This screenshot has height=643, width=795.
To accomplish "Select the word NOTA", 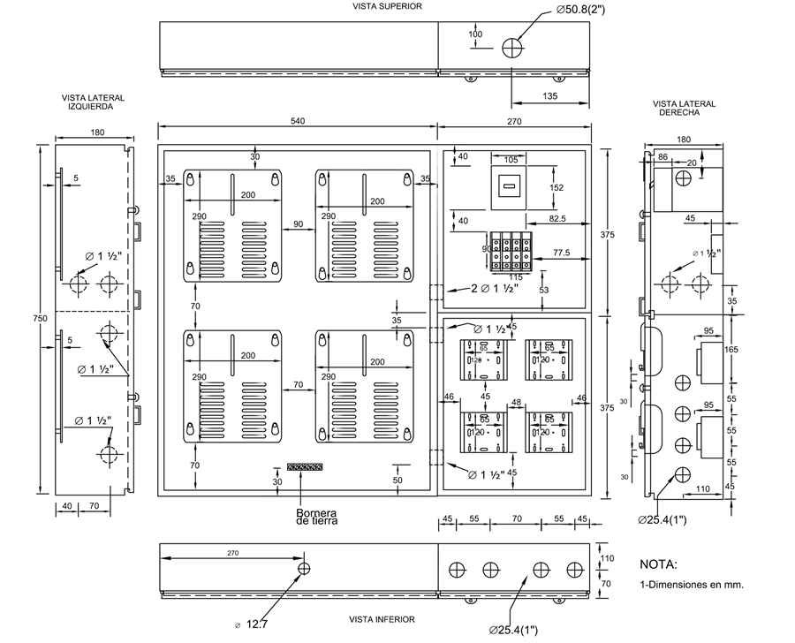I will coord(658,564).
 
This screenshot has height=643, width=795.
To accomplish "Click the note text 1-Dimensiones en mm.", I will coord(691,585).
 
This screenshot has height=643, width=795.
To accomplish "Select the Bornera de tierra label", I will coord(317,517).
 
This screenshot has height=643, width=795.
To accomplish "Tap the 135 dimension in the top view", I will coord(549,95).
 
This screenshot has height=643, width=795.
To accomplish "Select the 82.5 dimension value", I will coord(556,216).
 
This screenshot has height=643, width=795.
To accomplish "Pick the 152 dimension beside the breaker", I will coord(556,187).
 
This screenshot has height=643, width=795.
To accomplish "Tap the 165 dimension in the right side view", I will coord(731,350).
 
